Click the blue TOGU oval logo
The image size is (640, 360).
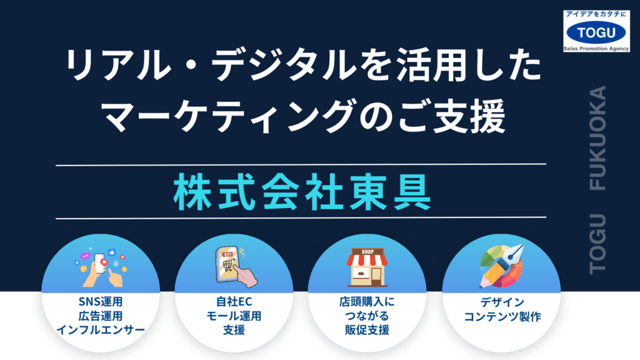pyautogui.click(x=596, y=32)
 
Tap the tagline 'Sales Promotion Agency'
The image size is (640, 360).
pyautogui.click(x=596, y=49)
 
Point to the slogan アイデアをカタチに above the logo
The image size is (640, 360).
pyautogui.click(x=596, y=14)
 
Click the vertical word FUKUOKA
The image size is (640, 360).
pyautogui.click(x=597, y=138)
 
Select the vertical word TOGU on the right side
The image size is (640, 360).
pyautogui.click(x=597, y=244)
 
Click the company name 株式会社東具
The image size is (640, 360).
pyautogui.click(x=302, y=192)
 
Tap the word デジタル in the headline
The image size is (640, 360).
pyautogui.click(x=284, y=64)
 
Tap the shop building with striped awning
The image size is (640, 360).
pyautogui.click(x=367, y=267)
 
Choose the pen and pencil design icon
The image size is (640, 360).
pyautogui.click(x=502, y=266)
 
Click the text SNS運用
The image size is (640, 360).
pyautogui.click(x=101, y=302)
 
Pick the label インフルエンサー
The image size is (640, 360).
pyautogui.click(x=101, y=330)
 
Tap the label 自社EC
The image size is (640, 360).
pyautogui.click(x=234, y=302)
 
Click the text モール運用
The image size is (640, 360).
pyautogui.click(x=234, y=316)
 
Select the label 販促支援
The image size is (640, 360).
pyautogui.click(x=367, y=330)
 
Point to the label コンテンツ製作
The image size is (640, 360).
pyautogui.click(x=502, y=316)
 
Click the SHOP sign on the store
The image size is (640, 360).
pyautogui.click(x=367, y=252)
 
